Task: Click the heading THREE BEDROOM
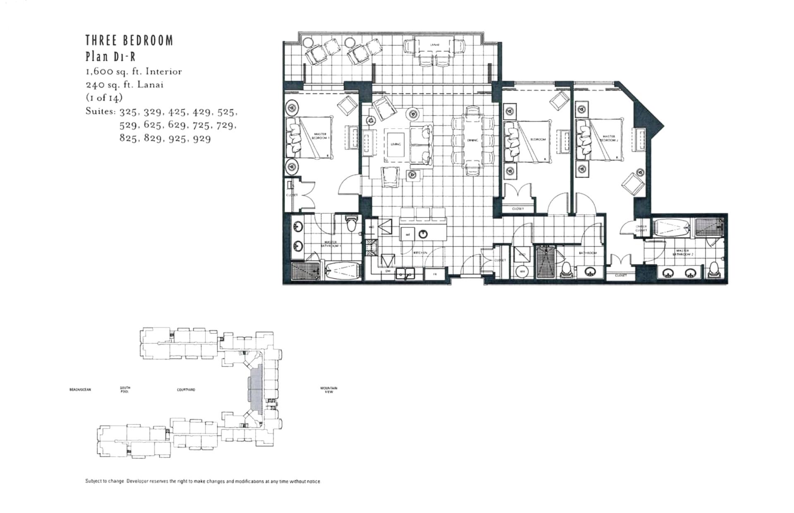pos(129,41)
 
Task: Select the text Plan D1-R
pos(110,56)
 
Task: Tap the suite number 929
pos(202,139)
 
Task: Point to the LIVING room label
pos(395,144)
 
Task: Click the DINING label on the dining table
pos(472,140)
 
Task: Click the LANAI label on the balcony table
pos(434,44)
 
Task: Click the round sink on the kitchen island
pos(423,235)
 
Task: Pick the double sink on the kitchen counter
pos(405,273)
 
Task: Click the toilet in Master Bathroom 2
pos(713,269)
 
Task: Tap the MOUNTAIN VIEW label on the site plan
pos(329,390)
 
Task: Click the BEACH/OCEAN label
pos(80,390)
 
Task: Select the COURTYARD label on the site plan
pos(186,390)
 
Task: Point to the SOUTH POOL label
pos(125,390)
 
